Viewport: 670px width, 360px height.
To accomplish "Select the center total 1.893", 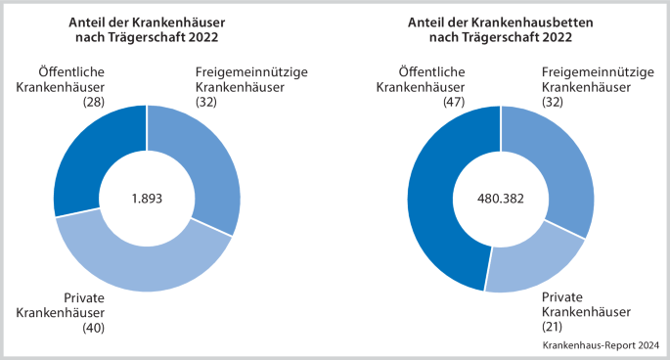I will coord(147,198).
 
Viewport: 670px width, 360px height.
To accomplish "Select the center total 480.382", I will coord(501,198).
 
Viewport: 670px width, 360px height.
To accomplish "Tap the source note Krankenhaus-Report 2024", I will coord(600,345).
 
